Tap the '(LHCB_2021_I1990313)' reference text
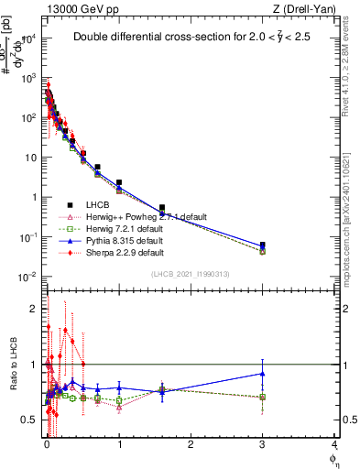[191, 275]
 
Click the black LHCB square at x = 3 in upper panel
[263, 245]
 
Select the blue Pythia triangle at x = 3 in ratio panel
[263, 373]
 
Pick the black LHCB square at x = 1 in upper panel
[119, 183]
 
